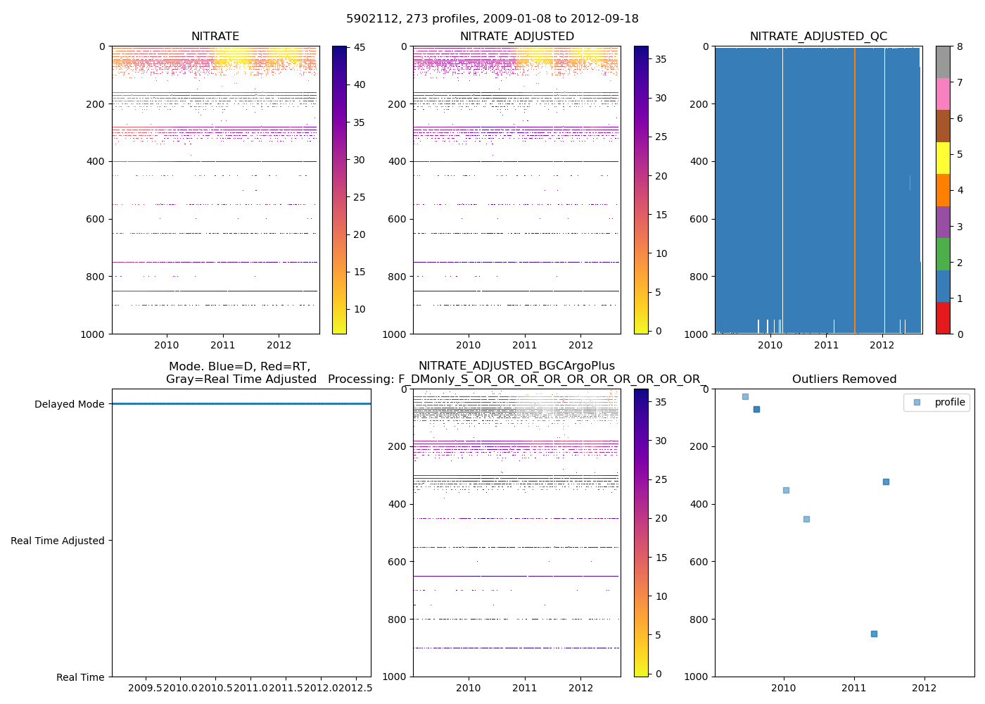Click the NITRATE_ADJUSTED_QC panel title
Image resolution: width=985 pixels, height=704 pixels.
(818, 37)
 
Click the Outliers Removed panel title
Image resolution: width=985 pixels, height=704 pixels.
(844, 379)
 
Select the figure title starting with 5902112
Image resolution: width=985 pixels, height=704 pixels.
(493, 19)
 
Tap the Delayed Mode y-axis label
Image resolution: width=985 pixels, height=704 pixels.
(69, 404)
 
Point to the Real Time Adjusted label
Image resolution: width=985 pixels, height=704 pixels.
(57, 541)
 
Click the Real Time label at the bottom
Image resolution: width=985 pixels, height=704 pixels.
(80, 677)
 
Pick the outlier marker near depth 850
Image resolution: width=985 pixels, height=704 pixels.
(874, 634)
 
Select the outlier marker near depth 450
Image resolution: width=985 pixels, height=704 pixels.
(806, 519)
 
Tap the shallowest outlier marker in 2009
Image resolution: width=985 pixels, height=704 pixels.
(745, 396)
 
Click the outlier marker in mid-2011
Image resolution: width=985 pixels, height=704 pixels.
(886, 482)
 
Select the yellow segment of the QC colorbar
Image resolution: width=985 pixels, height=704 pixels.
(943, 158)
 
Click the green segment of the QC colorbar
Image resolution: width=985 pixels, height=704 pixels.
(943, 254)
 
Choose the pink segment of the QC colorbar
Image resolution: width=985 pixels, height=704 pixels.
(943, 94)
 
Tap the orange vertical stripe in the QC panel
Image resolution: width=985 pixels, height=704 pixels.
(855, 190)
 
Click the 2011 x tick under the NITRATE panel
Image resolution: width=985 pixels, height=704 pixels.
(223, 345)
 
